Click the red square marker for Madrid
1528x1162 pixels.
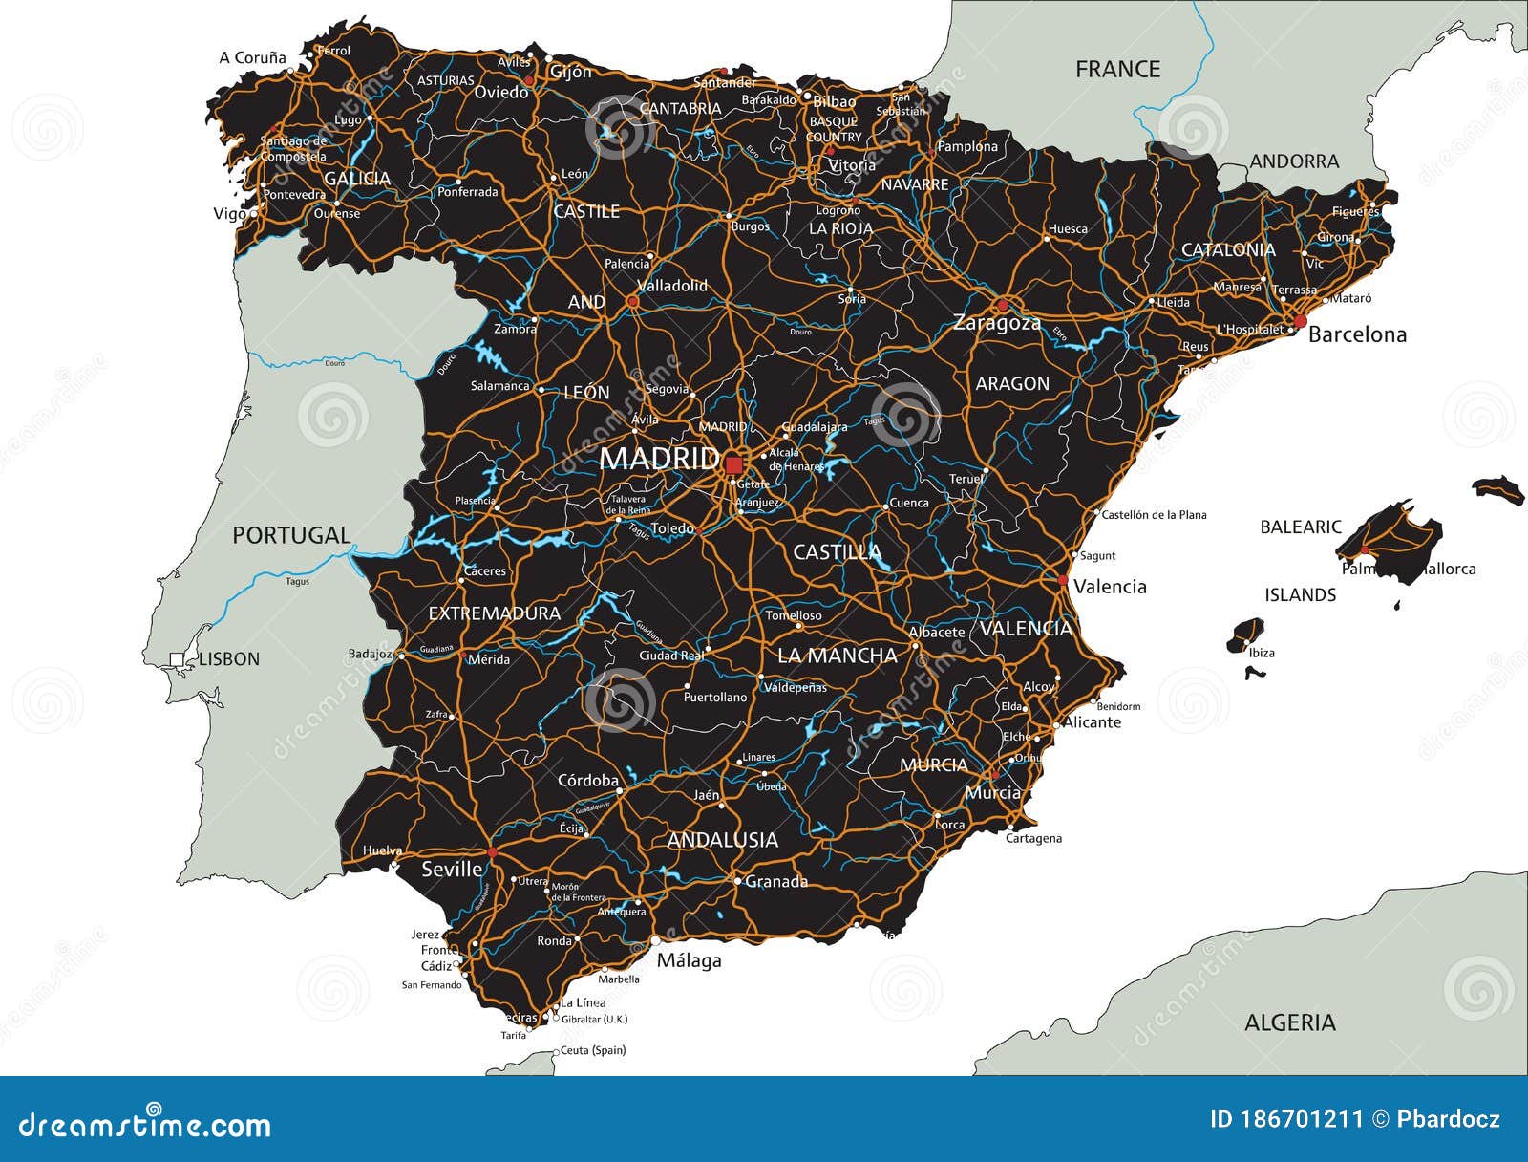(733, 465)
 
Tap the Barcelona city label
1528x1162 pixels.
(1357, 334)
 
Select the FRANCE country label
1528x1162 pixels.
(1117, 69)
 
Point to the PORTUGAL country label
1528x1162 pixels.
(291, 535)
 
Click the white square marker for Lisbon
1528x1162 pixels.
(177, 658)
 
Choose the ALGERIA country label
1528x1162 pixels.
(1289, 1022)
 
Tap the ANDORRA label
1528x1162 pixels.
(1294, 161)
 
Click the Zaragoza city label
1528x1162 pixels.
(996, 323)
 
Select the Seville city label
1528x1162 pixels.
(452, 869)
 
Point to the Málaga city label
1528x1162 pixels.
(689, 960)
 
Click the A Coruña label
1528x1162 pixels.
(252, 57)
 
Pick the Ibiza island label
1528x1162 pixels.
(1262, 653)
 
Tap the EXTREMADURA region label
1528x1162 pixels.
(494, 613)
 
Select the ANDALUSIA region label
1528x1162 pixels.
(723, 840)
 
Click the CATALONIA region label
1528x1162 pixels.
(1228, 249)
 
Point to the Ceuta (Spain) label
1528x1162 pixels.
(592, 1050)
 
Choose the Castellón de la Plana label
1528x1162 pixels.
(1154, 514)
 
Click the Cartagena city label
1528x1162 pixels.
(1033, 838)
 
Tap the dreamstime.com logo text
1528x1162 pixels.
(145, 1125)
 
